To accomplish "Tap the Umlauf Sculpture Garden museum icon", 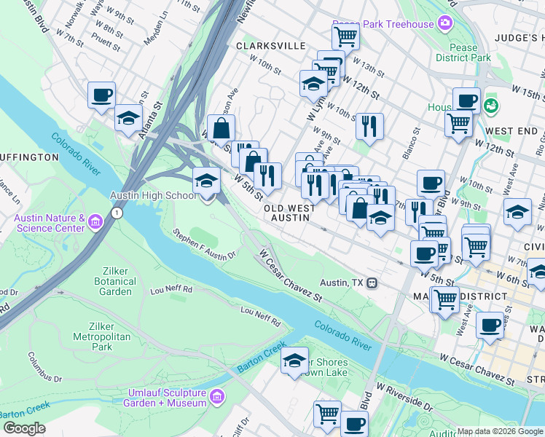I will pyautogui.click(x=216, y=397).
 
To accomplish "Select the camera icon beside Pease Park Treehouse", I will pyautogui.click(x=444, y=24).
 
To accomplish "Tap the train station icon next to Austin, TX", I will pyautogui.click(x=372, y=283).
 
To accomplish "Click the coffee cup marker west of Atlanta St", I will pyautogui.click(x=102, y=95).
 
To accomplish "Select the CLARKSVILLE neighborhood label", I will pyautogui.click(x=271, y=45).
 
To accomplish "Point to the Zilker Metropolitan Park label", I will pyautogui.click(x=93, y=336).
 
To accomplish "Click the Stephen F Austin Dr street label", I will pyautogui.click(x=205, y=245).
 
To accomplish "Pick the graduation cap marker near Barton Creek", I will pyautogui.click(x=294, y=361).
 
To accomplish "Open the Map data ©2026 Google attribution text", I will pyautogui.click(x=500, y=431).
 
